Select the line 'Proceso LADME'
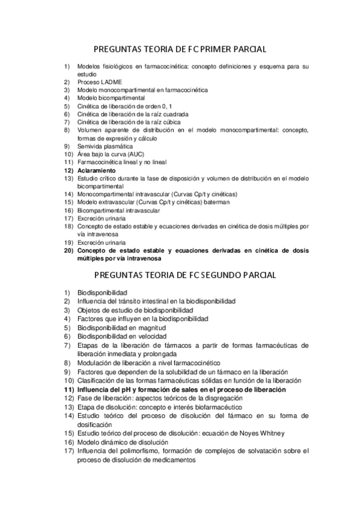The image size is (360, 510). (x=99, y=82)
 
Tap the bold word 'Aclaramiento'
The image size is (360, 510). (x=99, y=171)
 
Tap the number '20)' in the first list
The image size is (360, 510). (x=68, y=251)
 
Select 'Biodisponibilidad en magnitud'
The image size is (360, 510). (x=117, y=328)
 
